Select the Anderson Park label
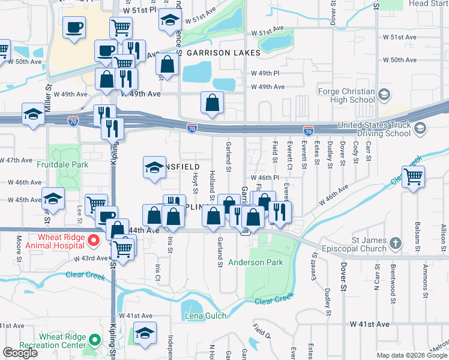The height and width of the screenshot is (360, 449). [x=255, y=262]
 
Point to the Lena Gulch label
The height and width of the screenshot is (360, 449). [x=206, y=316]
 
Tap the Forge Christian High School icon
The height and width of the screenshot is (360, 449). [x=384, y=95]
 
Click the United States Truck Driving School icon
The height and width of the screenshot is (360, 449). [x=420, y=128]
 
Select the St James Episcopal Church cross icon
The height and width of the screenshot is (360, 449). [x=394, y=243]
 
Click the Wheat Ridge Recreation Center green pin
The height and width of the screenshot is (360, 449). [x=94, y=341]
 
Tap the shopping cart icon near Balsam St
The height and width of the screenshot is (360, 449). [x=413, y=178]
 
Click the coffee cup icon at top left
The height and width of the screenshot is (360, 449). [x=74, y=28]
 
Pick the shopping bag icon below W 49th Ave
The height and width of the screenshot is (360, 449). [x=212, y=103]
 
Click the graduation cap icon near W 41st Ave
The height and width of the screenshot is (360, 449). [x=145, y=333]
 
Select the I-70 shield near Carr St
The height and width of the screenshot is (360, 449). [x=308, y=130]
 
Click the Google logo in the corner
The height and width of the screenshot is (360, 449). [x=20, y=353]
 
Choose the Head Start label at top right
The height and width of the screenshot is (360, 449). [x=428, y=4]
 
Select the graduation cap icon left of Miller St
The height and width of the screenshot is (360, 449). [x=32, y=114]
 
